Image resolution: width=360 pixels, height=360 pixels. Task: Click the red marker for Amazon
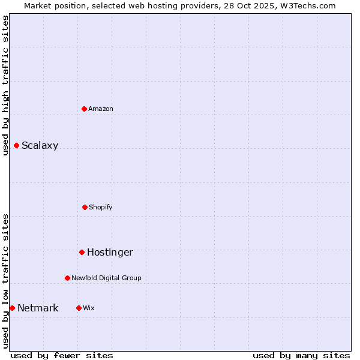click(x=85, y=109)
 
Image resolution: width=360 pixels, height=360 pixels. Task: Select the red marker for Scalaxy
click(x=17, y=145)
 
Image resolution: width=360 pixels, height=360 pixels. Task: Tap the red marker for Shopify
click(x=85, y=207)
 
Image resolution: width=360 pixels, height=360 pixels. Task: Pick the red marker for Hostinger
click(x=82, y=252)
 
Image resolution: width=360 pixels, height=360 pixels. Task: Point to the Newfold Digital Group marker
click(x=67, y=278)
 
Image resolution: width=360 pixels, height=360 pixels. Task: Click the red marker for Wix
click(x=79, y=308)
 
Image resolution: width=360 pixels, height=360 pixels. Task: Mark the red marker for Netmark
click(x=12, y=308)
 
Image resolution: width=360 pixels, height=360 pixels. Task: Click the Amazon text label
click(x=101, y=109)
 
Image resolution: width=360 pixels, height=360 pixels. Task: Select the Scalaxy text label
click(x=40, y=145)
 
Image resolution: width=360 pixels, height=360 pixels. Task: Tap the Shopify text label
click(x=101, y=207)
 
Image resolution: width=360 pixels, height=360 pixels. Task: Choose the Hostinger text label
click(x=110, y=252)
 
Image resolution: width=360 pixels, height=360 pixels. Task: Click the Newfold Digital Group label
click(x=106, y=278)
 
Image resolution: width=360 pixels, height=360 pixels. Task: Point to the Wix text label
click(x=89, y=308)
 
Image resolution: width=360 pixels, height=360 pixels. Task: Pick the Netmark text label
click(x=38, y=308)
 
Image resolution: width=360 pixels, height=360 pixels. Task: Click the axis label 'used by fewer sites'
click(x=62, y=355)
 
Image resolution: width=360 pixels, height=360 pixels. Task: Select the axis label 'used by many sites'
click(x=301, y=355)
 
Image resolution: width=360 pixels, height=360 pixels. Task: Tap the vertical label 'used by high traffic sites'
click(x=5, y=85)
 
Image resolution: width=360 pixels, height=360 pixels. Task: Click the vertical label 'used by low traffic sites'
click(x=5, y=281)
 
